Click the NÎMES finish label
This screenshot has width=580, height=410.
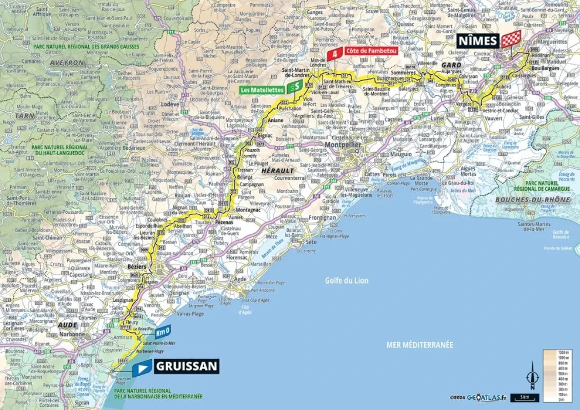click(x=477, y=40)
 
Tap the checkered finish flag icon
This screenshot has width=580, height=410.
click(x=511, y=39)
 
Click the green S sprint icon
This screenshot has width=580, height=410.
click(x=295, y=87)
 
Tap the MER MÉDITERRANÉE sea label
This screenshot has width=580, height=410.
click(x=419, y=345)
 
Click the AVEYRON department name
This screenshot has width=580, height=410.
click(x=66, y=62)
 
